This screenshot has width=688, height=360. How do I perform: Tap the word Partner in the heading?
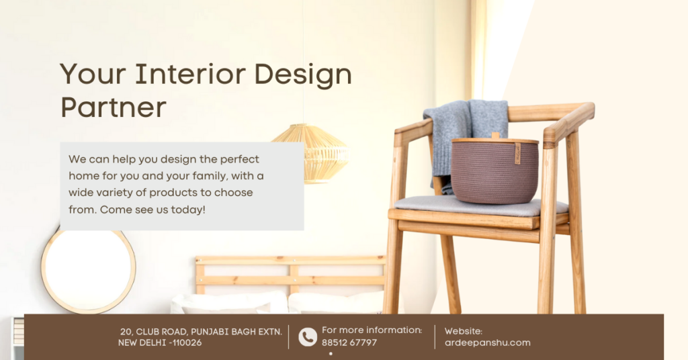113,107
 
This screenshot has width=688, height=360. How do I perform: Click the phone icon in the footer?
307,336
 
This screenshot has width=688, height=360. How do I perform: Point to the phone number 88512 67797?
349,343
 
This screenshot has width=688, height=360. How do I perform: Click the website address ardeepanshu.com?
487,343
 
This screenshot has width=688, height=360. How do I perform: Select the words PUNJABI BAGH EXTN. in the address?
239,332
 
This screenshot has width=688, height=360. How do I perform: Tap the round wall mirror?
88,271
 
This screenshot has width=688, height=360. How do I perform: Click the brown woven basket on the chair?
494,171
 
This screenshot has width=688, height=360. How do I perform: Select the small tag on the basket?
517,152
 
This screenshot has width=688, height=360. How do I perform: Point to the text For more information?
372,330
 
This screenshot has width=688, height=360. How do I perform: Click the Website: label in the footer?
464,330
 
